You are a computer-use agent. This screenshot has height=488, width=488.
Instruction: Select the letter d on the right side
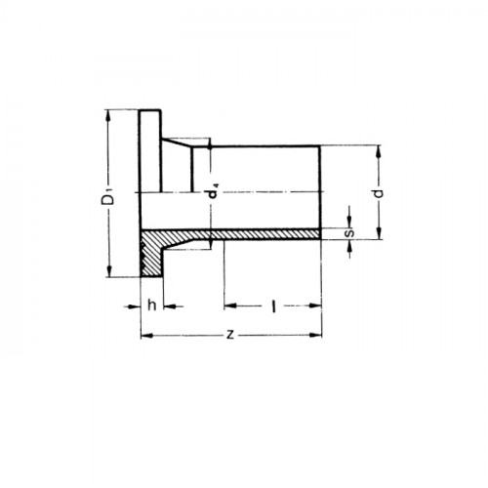click(x=378, y=192)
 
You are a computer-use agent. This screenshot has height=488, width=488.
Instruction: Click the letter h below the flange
click(x=151, y=305)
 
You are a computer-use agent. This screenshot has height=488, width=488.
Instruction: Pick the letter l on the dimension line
click(x=273, y=305)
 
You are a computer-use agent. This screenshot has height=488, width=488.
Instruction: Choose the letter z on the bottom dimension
click(x=230, y=335)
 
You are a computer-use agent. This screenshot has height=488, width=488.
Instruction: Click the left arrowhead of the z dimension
click(x=145, y=335)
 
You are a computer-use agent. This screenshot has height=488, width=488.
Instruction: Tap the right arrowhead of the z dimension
click(x=317, y=335)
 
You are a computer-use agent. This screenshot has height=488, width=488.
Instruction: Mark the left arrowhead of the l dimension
click(x=227, y=305)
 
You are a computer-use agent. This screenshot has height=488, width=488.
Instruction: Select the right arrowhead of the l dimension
click(x=317, y=305)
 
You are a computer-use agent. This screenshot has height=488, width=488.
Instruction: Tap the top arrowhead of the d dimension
click(x=378, y=149)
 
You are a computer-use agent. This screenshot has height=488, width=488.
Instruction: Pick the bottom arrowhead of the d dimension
click(x=378, y=235)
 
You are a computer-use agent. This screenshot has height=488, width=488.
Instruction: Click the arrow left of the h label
click(x=135, y=305)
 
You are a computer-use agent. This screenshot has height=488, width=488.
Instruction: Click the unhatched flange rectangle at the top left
click(x=150, y=151)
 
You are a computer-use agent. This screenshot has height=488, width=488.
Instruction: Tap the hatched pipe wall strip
click(x=264, y=234)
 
